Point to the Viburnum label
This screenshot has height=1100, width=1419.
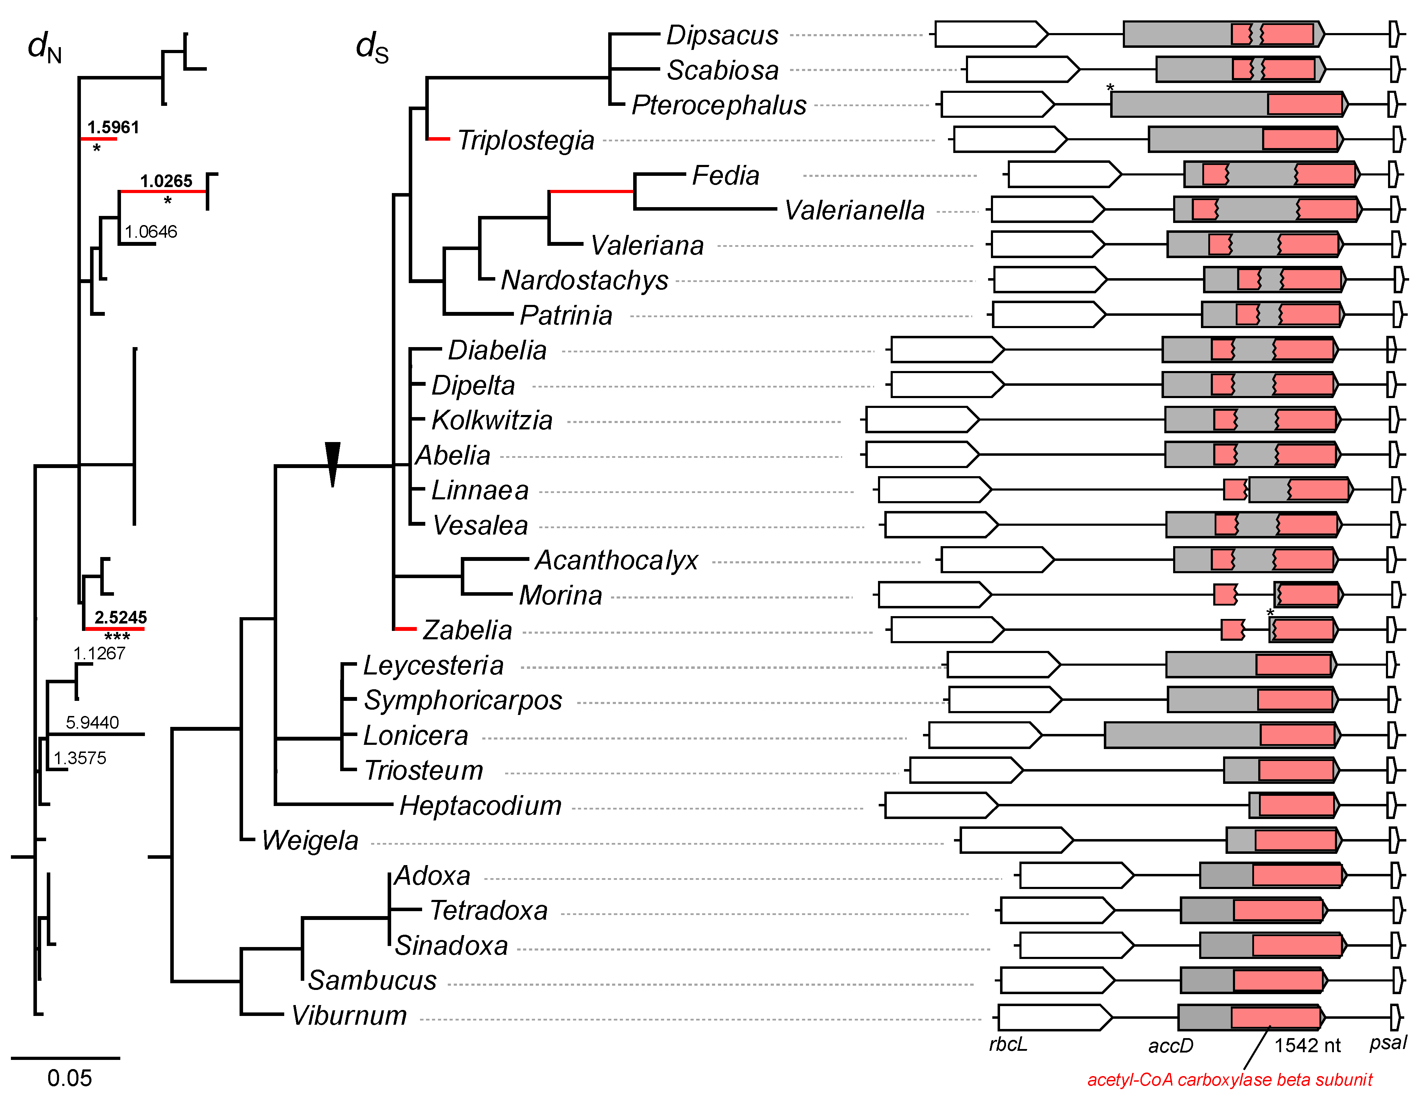point(349,1016)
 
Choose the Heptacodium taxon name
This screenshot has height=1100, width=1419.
point(480,806)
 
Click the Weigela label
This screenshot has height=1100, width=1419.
point(310,841)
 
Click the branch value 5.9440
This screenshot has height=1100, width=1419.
point(92,723)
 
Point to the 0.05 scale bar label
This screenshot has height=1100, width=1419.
point(70,1079)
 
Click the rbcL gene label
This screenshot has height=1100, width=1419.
point(1008,1044)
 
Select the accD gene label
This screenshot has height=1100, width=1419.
point(1171,1045)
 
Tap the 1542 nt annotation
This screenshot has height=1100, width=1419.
point(1307,1045)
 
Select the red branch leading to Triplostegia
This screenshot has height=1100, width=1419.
point(439,139)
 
